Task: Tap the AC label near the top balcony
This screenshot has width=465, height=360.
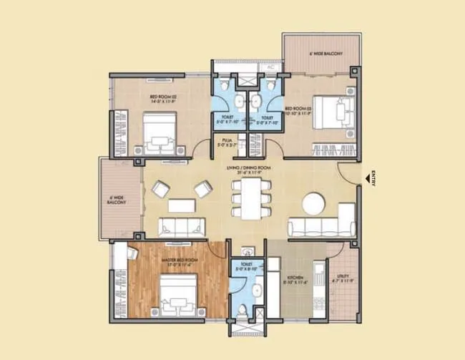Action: tap(270, 67)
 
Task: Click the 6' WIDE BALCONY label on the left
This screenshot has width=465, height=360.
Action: tap(117, 200)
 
